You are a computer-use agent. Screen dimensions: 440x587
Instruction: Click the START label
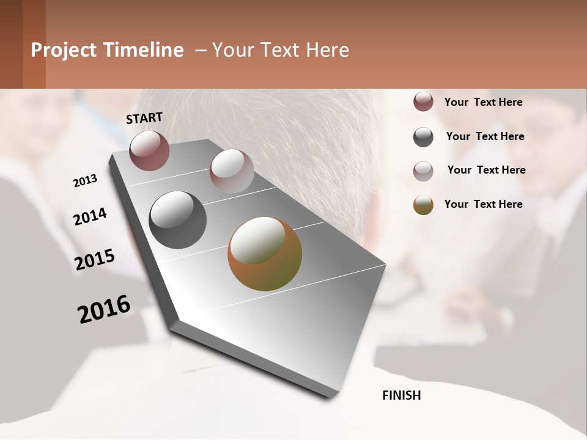tap(144, 118)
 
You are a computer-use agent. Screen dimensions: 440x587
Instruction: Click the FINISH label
tap(402, 395)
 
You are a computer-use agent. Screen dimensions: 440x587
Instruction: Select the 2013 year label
tap(86, 180)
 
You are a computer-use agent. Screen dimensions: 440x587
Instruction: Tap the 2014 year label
tap(90, 217)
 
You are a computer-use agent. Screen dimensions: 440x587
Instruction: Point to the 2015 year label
tap(95, 260)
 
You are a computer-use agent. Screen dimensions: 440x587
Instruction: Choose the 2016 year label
tap(104, 309)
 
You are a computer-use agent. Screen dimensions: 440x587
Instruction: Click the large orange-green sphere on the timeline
tap(265, 254)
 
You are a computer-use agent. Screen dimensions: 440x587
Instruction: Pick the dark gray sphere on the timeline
tap(177, 220)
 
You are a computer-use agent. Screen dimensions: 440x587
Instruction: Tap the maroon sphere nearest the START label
tap(149, 150)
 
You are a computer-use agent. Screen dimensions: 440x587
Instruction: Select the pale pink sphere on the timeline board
tap(232, 171)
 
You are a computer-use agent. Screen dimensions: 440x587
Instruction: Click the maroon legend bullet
tap(423, 102)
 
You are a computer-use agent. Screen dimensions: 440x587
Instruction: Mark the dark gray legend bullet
tap(423, 137)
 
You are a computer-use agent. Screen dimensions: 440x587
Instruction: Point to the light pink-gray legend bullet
tap(423, 171)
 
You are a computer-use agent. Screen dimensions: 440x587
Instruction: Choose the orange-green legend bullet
tap(423, 205)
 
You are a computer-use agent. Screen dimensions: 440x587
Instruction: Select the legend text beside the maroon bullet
tap(483, 102)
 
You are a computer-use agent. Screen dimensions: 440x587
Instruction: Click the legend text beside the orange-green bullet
tap(483, 204)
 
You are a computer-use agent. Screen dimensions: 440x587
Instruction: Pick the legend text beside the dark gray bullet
tap(485, 136)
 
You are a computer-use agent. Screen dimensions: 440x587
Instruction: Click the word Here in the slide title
tap(327, 50)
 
